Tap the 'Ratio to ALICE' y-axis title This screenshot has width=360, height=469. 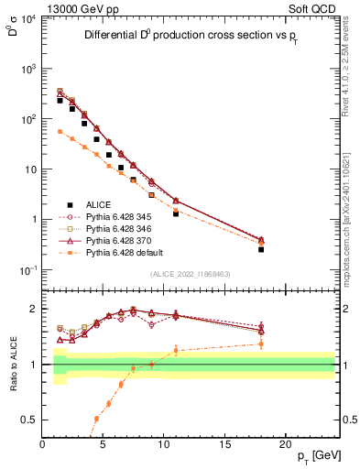pos(11,364)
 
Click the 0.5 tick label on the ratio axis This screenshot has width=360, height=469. pos(27,420)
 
